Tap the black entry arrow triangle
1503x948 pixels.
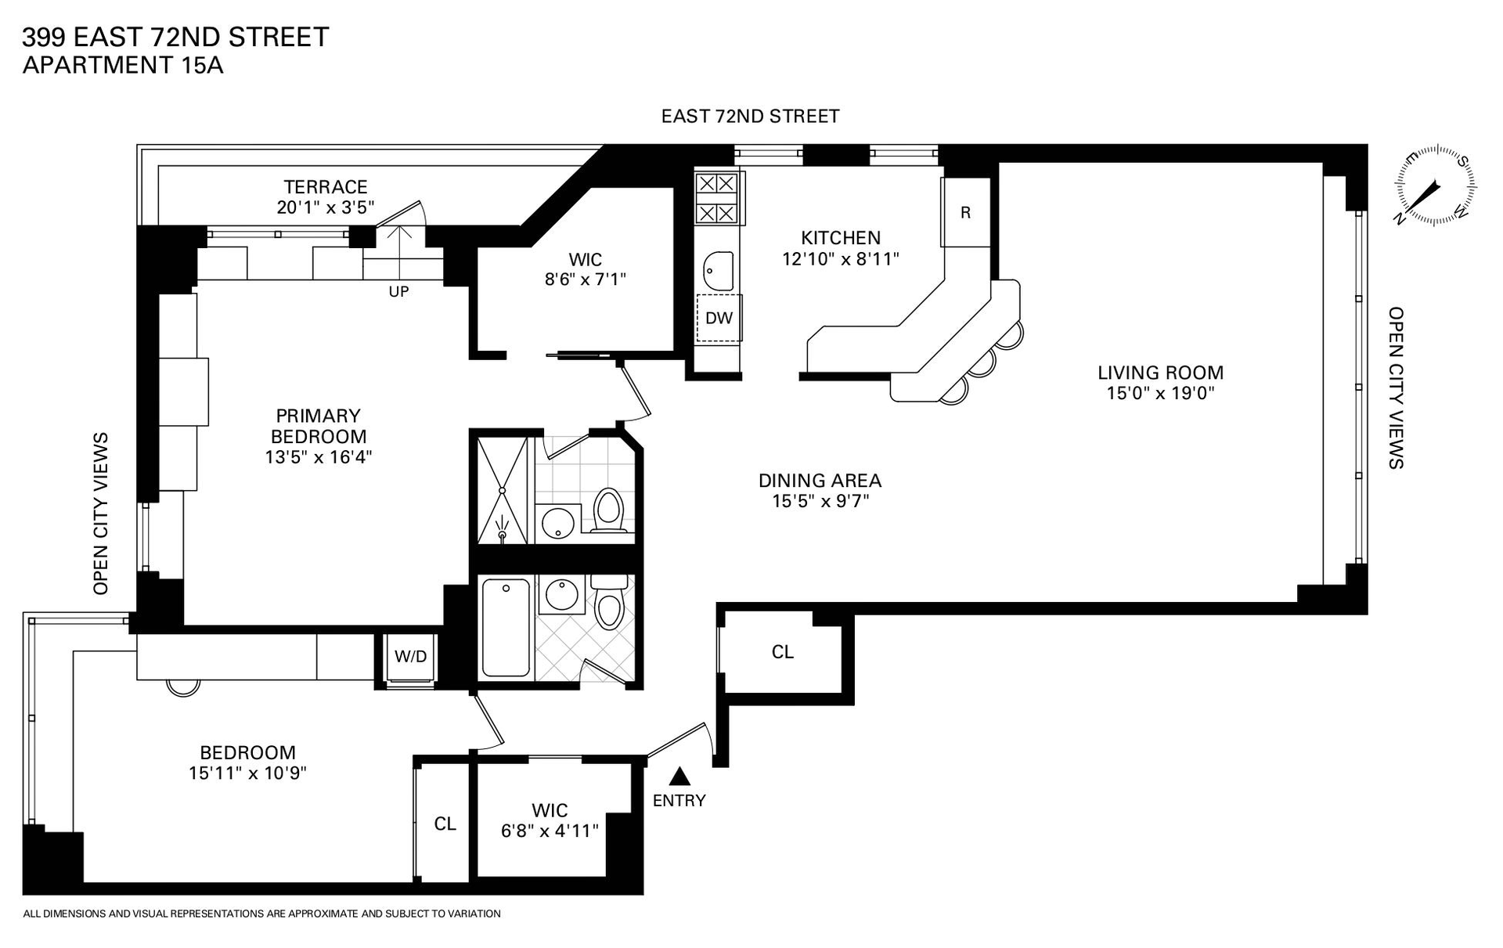[680, 776]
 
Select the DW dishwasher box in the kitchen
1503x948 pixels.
[719, 318]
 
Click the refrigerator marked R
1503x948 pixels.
[965, 212]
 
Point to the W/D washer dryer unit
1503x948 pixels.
[410, 656]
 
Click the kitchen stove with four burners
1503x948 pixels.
[717, 198]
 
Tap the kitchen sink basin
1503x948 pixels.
[718, 271]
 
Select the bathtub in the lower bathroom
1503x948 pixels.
[506, 627]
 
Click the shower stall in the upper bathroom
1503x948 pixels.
[503, 490]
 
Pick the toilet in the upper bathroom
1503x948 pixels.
[608, 510]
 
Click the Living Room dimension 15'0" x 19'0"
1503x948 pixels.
[1160, 393]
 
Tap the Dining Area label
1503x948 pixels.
[820, 480]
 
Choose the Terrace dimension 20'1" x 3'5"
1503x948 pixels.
[326, 207]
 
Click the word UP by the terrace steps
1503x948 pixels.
[398, 291]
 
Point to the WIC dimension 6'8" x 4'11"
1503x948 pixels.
[550, 830]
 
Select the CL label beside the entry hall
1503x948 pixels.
[783, 652]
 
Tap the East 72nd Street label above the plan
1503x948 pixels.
[750, 117]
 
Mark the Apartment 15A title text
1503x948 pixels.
[123, 65]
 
